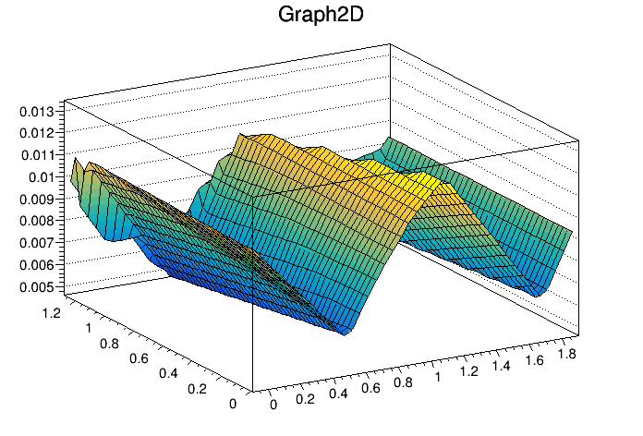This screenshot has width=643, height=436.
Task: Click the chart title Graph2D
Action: (321, 16)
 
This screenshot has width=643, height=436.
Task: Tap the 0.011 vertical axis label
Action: (37, 155)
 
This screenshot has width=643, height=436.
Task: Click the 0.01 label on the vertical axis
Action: (40, 177)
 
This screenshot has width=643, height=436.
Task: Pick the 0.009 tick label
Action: (37, 199)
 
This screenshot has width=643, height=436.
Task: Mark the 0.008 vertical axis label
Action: (37, 221)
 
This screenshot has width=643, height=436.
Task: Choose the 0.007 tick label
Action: (37, 242)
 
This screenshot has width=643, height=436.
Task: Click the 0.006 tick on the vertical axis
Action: (37, 264)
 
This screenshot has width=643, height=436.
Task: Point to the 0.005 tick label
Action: (37, 286)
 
